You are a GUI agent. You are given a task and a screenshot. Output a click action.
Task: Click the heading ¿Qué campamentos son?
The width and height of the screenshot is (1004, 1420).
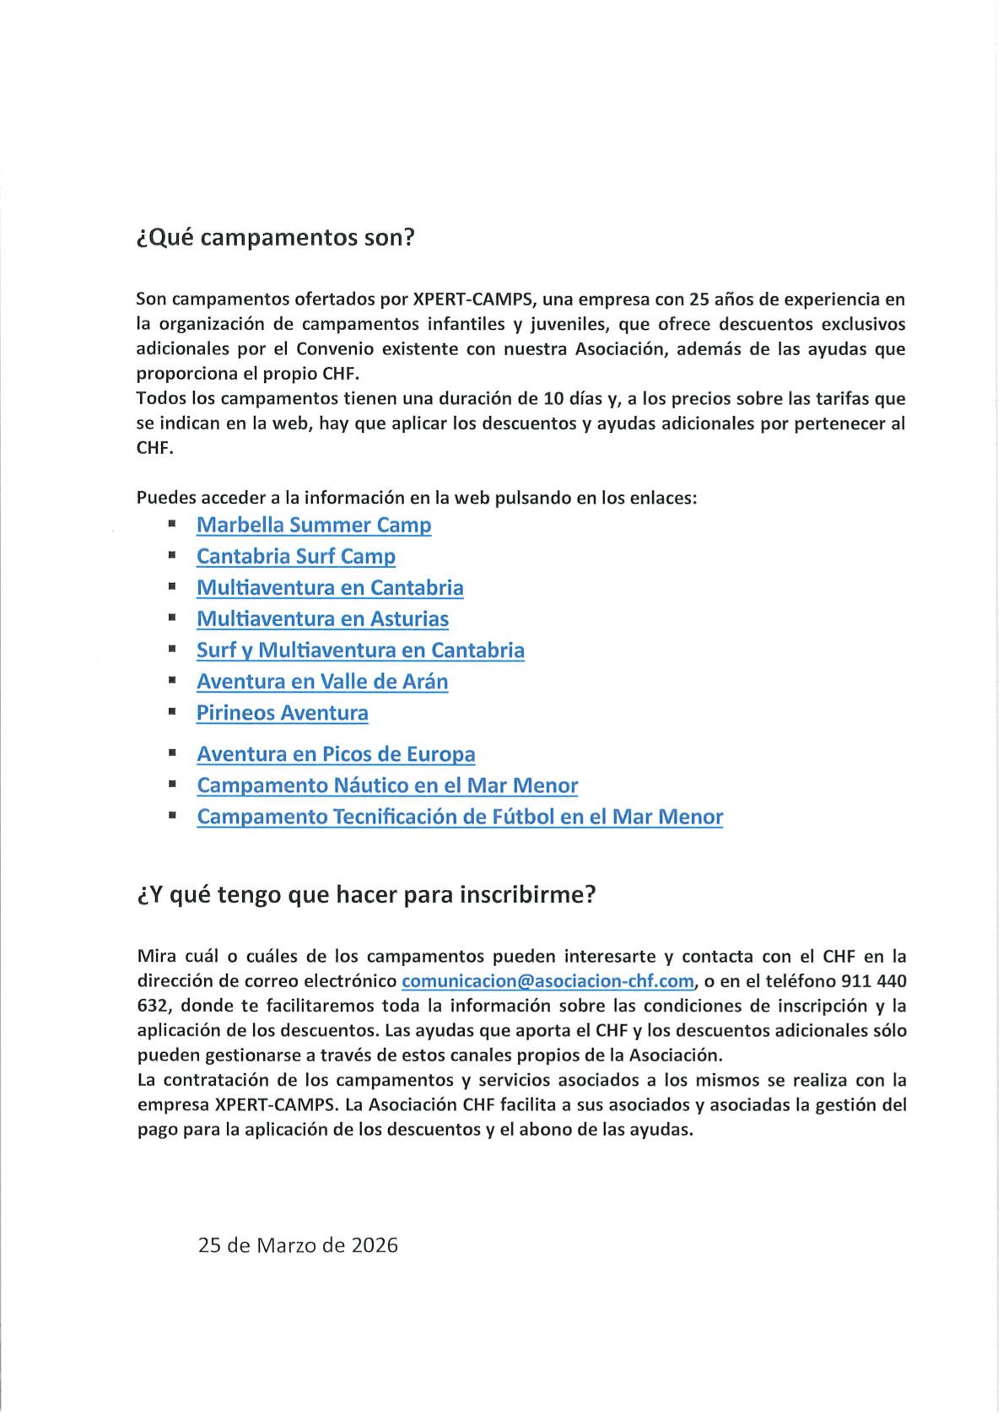click(x=275, y=238)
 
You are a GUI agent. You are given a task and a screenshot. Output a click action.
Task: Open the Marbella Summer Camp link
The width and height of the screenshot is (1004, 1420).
click(x=314, y=525)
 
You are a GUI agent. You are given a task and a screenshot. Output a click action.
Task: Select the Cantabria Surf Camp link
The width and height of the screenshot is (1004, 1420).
click(x=295, y=556)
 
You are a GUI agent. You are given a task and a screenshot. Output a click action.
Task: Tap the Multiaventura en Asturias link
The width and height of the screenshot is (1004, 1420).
click(x=322, y=618)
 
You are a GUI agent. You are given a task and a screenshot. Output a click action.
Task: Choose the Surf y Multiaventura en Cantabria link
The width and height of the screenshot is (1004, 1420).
click(x=360, y=650)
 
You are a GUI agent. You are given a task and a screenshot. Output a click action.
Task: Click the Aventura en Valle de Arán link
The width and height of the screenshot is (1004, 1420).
click(x=322, y=681)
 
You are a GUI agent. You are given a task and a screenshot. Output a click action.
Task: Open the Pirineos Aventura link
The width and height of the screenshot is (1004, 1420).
click(x=282, y=713)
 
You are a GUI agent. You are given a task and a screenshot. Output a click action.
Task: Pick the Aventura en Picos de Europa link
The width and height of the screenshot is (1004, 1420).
click(x=336, y=753)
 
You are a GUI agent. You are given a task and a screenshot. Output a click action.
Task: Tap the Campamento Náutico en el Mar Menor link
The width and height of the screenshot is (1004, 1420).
click(x=387, y=786)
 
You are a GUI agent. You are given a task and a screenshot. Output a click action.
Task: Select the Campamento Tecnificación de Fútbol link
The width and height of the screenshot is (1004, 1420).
click(x=460, y=817)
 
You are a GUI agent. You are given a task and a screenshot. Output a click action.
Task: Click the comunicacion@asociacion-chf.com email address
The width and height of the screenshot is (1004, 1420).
click(x=548, y=981)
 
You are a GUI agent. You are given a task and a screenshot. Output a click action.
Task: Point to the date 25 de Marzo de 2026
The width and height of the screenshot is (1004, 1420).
click(x=298, y=1245)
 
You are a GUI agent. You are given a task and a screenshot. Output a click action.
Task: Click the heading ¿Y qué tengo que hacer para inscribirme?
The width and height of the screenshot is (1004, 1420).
click(x=366, y=894)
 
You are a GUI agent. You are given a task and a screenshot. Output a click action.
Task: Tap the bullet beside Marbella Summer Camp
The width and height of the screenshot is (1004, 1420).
click(x=171, y=524)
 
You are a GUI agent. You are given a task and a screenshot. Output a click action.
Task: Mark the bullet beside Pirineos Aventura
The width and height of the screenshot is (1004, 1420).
click(x=171, y=712)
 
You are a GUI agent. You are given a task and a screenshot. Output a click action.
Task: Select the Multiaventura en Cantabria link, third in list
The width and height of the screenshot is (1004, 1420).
click(x=330, y=587)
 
